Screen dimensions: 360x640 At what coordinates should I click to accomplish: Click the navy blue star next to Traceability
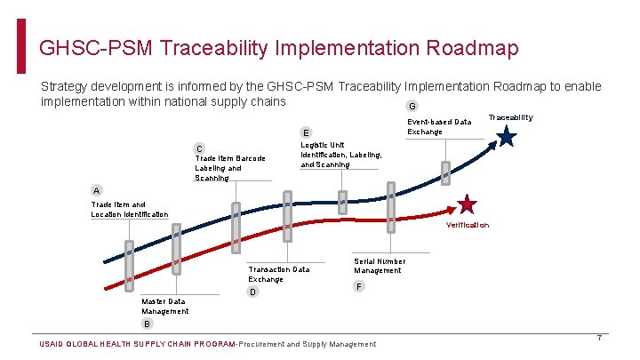[506, 137]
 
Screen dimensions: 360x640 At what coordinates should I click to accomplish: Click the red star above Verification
[468, 205]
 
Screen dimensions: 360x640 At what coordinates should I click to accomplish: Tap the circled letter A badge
[97, 190]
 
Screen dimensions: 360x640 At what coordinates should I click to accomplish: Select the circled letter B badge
[147, 324]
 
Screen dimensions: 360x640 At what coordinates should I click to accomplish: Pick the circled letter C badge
[200, 148]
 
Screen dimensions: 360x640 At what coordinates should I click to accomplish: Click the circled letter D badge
[253, 292]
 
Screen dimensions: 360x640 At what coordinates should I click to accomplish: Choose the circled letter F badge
[358, 286]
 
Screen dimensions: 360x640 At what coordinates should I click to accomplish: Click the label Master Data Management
[165, 307]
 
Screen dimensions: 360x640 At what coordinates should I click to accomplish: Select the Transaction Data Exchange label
[279, 274]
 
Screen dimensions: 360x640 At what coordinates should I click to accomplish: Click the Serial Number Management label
[380, 266]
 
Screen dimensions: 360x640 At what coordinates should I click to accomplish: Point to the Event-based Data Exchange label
[439, 126]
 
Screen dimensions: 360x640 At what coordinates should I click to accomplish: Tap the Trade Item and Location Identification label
[129, 209]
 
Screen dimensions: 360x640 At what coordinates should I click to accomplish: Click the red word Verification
[468, 225]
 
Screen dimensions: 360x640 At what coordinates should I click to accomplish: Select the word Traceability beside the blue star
[511, 117]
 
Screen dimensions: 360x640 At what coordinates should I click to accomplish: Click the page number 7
[600, 338]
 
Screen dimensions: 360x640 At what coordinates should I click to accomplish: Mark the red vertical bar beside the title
[22, 46]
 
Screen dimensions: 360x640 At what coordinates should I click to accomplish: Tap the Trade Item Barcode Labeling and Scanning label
[229, 168]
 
